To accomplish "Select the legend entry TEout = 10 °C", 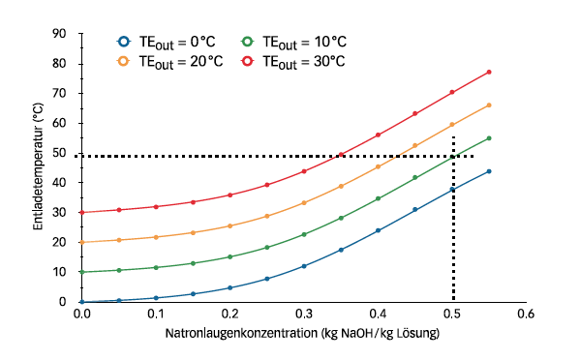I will pyautogui.click(x=294, y=42).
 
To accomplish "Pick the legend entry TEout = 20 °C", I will pyautogui.click(x=173, y=61).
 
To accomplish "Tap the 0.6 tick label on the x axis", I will pyautogui.click(x=526, y=315).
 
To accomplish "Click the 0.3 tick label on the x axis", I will pyautogui.click(x=304, y=315).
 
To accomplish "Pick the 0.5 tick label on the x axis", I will pyautogui.click(x=452, y=315).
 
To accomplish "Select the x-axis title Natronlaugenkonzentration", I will pyautogui.click(x=302, y=334).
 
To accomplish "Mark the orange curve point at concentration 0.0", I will pyautogui.click(x=82, y=242).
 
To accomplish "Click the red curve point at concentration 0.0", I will pyautogui.click(x=82, y=212).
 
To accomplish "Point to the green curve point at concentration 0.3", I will pyautogui.click(x=304, y=234).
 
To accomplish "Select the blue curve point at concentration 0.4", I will pyautogui.click(x=378, y=230).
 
